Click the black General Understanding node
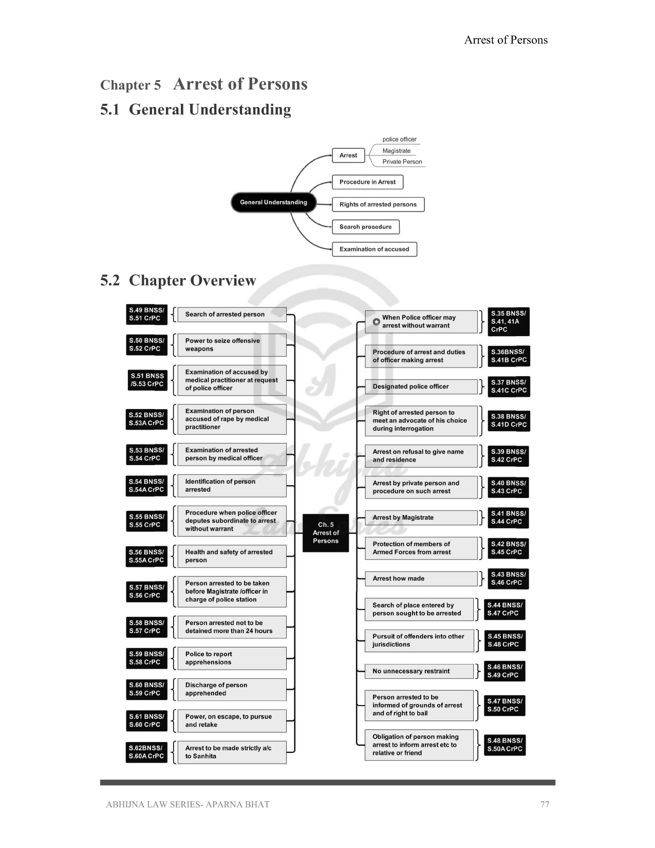(273, 202)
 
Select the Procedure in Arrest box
(367, 182)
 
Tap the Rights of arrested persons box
(378, 205)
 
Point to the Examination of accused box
(374, 249)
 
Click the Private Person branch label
(402, 162)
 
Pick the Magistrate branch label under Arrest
(396, 151)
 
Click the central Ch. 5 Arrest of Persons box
(326, 533)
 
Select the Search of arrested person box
(231, 315)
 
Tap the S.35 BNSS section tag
(508, 322)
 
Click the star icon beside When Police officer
(376, 322)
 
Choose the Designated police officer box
(421, 386)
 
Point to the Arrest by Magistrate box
(421, 518)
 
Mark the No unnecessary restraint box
(419, 671)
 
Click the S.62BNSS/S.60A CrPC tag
(146, 752)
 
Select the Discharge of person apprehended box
(231, 689)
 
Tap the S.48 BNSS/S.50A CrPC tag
(505, 745)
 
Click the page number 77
(545, 804)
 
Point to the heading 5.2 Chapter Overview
(178, 281)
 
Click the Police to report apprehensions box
(231, 658)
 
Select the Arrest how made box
(421, 579)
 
